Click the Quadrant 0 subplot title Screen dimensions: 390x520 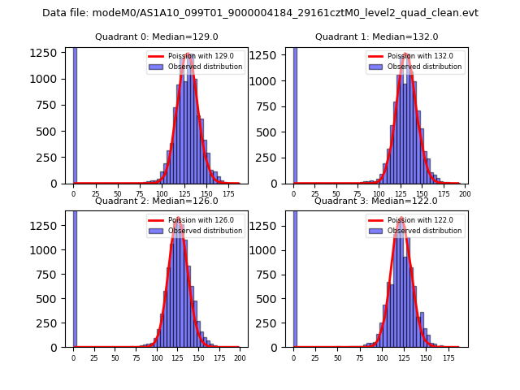(x=156, y=37)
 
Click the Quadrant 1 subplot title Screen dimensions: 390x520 (x=376, y=37)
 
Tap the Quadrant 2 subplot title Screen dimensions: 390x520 (x=156, y=201)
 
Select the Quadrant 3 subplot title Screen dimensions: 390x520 (x=376, y=201)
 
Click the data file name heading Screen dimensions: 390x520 (x=260, y=13)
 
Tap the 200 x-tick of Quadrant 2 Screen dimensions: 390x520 (x=239, y=357)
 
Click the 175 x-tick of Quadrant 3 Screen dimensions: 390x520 (x=448, y=357)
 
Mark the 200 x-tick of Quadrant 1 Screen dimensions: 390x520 (x=466, y=193)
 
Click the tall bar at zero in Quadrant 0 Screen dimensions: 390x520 (x=75, y=114)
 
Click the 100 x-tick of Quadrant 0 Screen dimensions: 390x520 (x=162, y=193)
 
